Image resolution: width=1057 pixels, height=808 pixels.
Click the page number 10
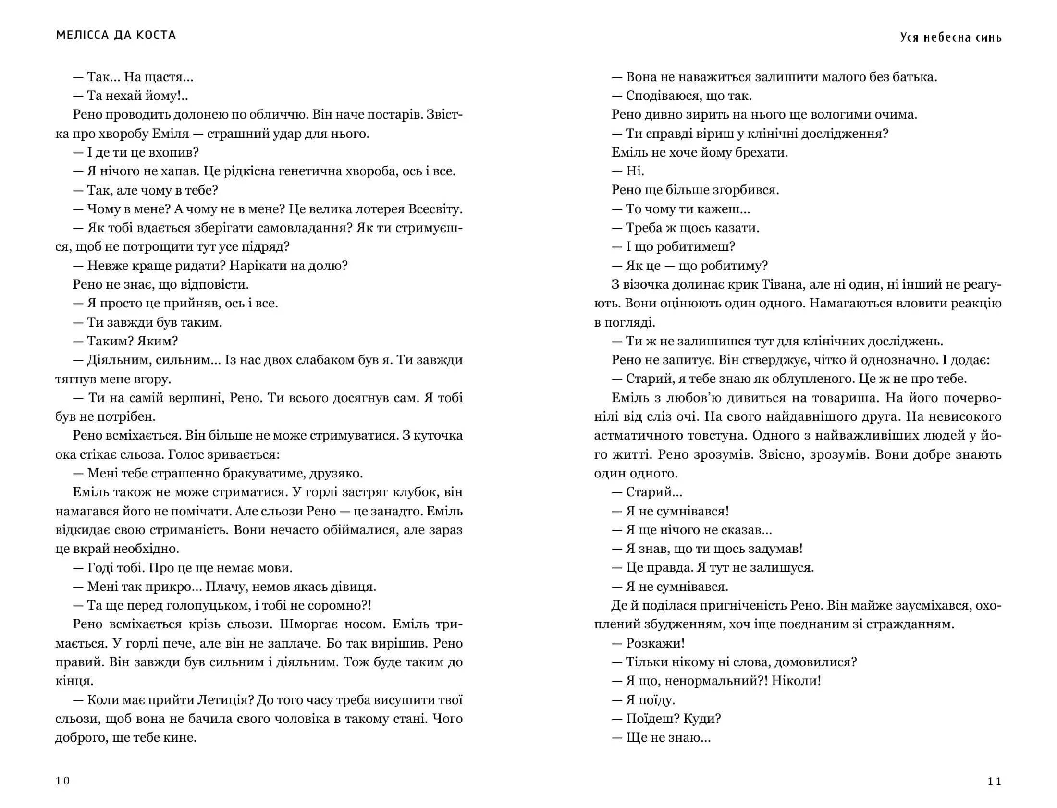point(62,781)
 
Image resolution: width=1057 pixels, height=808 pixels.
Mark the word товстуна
point(712,436)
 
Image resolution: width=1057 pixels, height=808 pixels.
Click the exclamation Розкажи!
point(655,644)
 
